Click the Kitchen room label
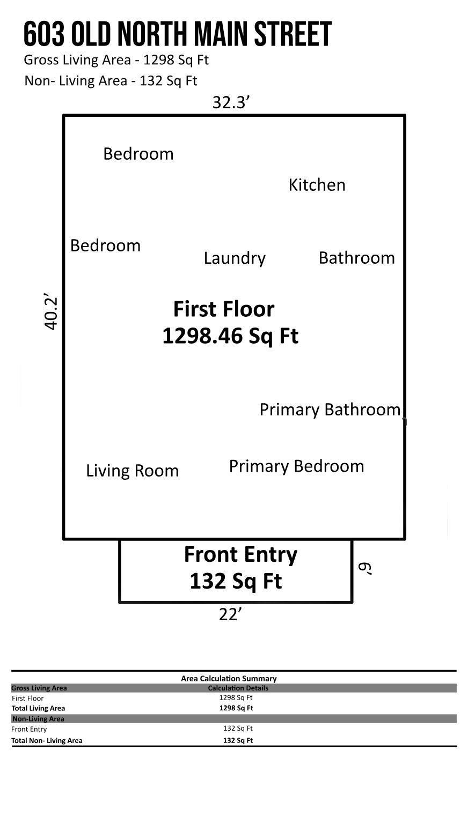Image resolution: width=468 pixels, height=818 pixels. (317, 185)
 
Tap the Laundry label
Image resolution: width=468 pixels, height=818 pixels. (235, 258)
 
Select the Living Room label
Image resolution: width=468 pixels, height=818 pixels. (133, 471)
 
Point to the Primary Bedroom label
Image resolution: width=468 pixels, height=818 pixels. (296, 466)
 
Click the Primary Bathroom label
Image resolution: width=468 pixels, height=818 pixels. (330, 410)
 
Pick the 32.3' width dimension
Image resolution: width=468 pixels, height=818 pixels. (231, 102)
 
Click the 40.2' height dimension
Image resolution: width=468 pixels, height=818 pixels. (51, 311)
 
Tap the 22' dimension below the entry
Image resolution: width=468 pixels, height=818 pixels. (230, 615)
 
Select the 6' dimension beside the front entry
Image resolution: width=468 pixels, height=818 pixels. (365, 569)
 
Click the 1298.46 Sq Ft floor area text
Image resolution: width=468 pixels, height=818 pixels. (230, 336)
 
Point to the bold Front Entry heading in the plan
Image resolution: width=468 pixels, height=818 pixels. (240, 555)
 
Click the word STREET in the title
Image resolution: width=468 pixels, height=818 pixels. (293, 34)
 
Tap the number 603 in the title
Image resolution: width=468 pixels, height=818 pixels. (44, 34)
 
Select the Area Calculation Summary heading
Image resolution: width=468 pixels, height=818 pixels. (229, 679)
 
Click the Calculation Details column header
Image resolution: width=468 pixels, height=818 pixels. (238, 688)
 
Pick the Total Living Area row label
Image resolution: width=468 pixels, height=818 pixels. (38, 708)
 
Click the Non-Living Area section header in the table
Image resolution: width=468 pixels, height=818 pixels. (39, 719)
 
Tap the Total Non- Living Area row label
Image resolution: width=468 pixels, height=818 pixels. (47, 740)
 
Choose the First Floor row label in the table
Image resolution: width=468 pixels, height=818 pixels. (27, 698)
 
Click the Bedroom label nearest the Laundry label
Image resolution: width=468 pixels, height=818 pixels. (105, 246)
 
